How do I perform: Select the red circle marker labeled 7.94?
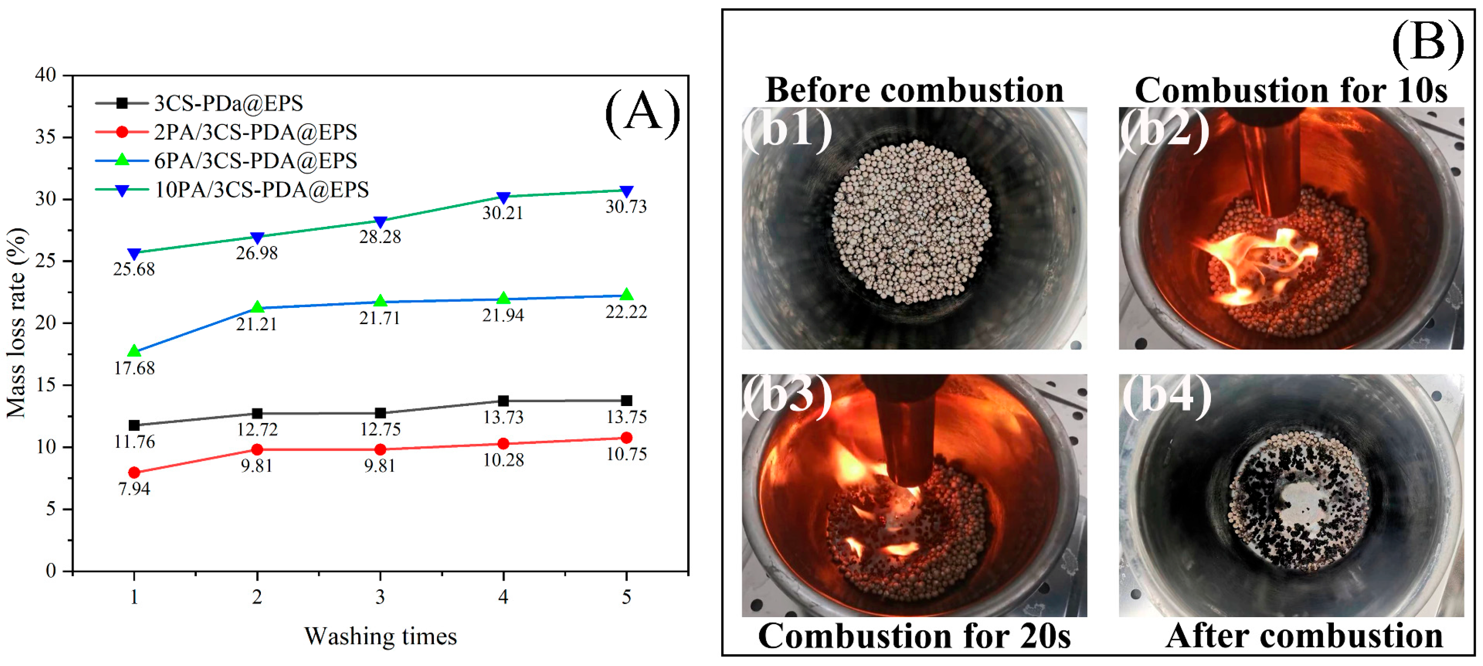click(x=134, y=473)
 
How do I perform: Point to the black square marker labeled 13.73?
click(x=503, y=401)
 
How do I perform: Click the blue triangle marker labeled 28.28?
click(x=380, y=222)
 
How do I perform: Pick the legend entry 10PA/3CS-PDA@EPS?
click(x=261, y=189)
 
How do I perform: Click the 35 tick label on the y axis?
click(x=45, y=137)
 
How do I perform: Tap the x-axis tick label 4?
click(x=503, y=597)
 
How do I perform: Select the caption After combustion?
click(x=1305, y=636)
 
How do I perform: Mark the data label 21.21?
click(x=257, y=324)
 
